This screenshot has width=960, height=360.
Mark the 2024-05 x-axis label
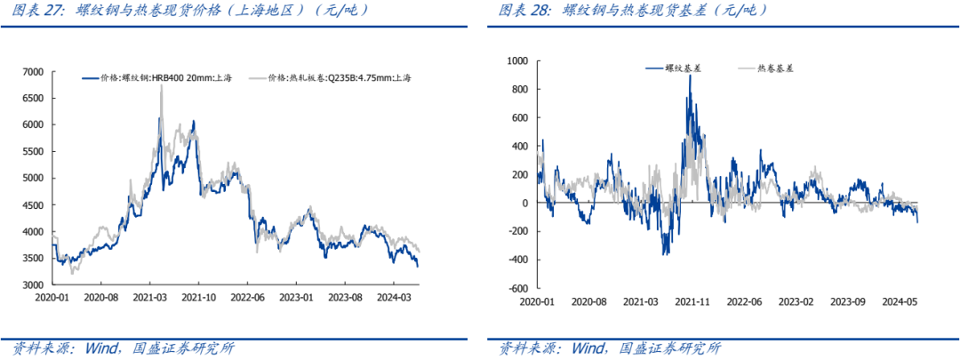[900, 302]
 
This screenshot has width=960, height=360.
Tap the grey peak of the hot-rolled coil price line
[161, 86]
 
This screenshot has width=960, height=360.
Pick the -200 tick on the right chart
[518, 231]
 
